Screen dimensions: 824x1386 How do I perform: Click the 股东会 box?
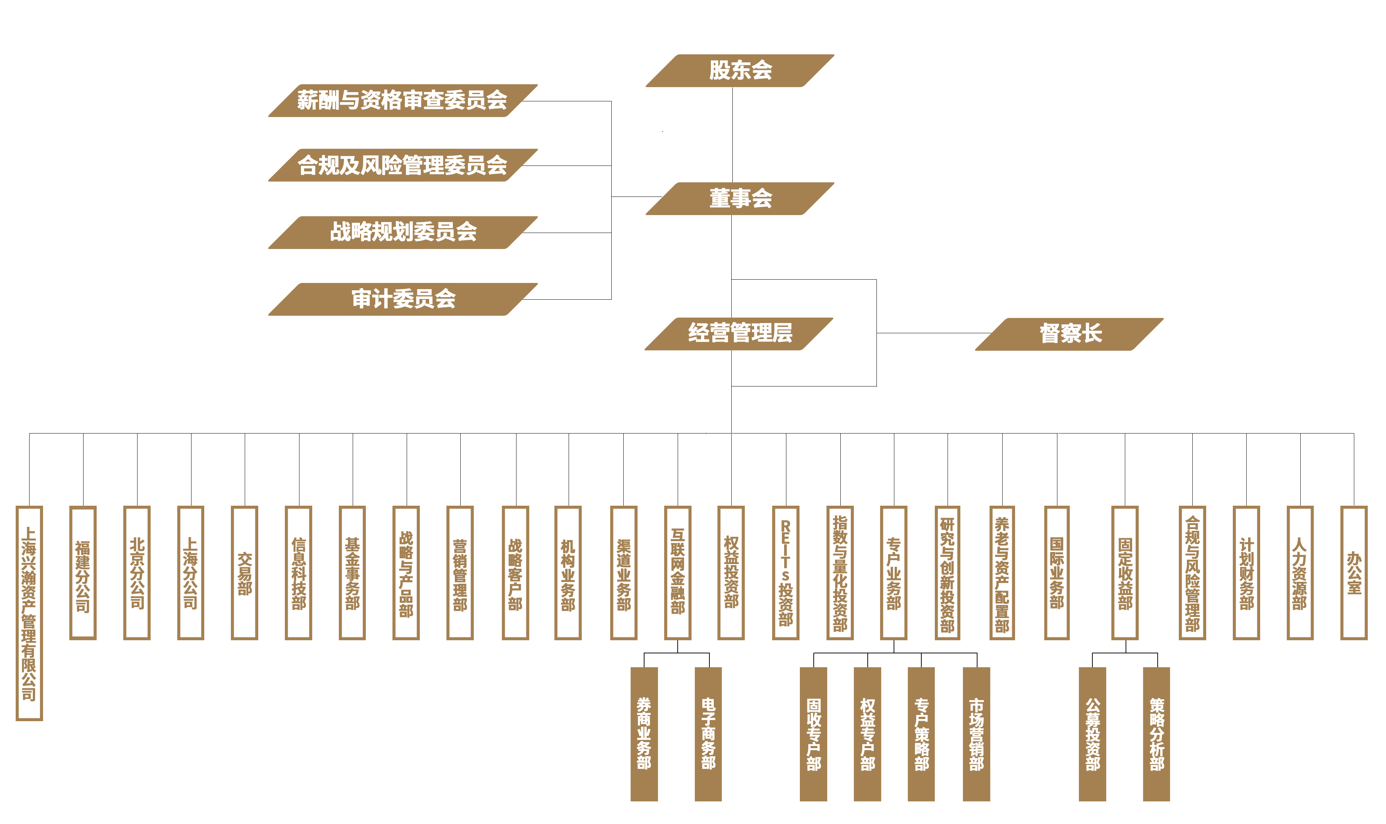[740, 70]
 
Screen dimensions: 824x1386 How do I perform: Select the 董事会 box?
[740, 198]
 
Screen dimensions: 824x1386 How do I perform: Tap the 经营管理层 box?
[739, 333]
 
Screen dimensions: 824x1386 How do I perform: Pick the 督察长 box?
[1069, 334]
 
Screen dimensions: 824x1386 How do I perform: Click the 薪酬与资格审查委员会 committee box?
[403, 101]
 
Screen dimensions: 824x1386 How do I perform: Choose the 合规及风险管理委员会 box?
[403, 165]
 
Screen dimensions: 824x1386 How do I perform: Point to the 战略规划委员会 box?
[403, 232]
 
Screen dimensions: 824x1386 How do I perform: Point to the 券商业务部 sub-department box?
[644, 734]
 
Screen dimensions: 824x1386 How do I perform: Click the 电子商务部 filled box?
[708, 734]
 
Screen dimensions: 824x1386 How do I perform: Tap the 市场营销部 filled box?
[976, 734]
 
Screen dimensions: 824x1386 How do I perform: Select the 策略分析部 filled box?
[1156, 734]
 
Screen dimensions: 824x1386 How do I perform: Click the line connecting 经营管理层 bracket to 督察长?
[933, 333]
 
